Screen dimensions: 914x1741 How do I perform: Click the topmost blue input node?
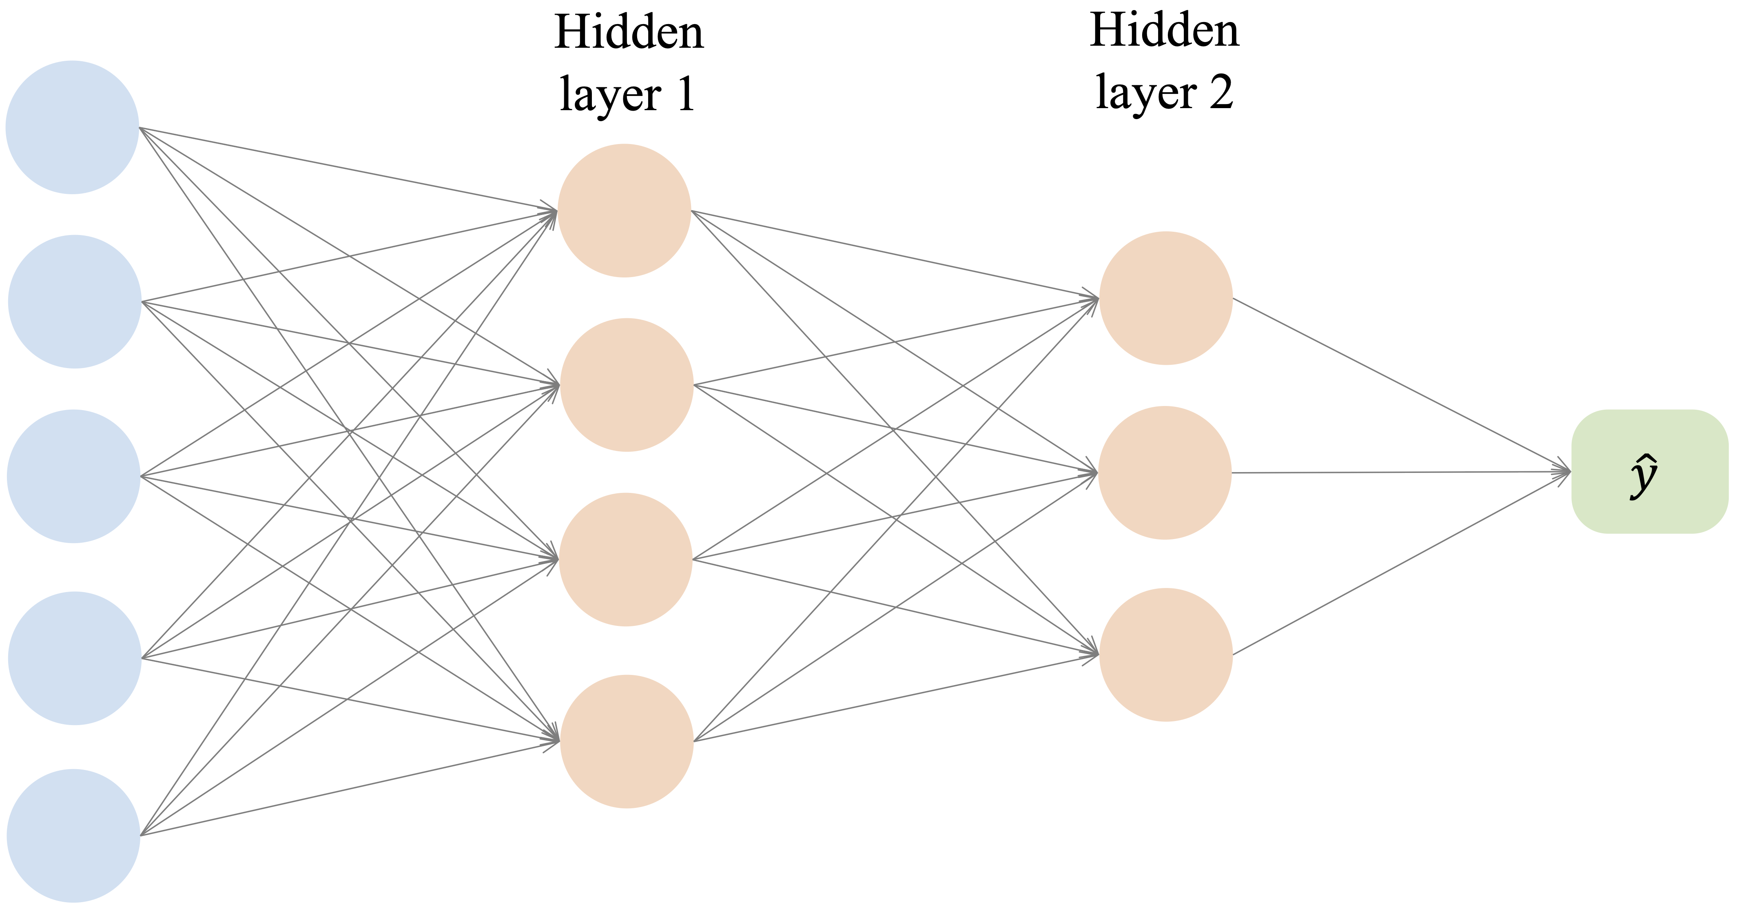[x=72, y=127]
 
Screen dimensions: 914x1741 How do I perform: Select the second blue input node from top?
[x=74, y=302]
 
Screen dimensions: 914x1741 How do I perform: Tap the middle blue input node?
[x=74, y=476]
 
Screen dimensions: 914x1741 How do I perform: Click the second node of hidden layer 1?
[x=627, y=385]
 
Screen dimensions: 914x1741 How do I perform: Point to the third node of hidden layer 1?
[x=626, y=559]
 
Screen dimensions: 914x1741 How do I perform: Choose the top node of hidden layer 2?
[x=1166, y=298]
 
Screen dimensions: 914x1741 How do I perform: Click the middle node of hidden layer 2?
[x=1165, y=473]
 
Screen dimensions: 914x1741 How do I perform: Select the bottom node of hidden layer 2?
[x=1166, y=654]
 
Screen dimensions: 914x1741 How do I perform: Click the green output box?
[x=1649, y=471]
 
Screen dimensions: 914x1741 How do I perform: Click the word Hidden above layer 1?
[x=629, y=33]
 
